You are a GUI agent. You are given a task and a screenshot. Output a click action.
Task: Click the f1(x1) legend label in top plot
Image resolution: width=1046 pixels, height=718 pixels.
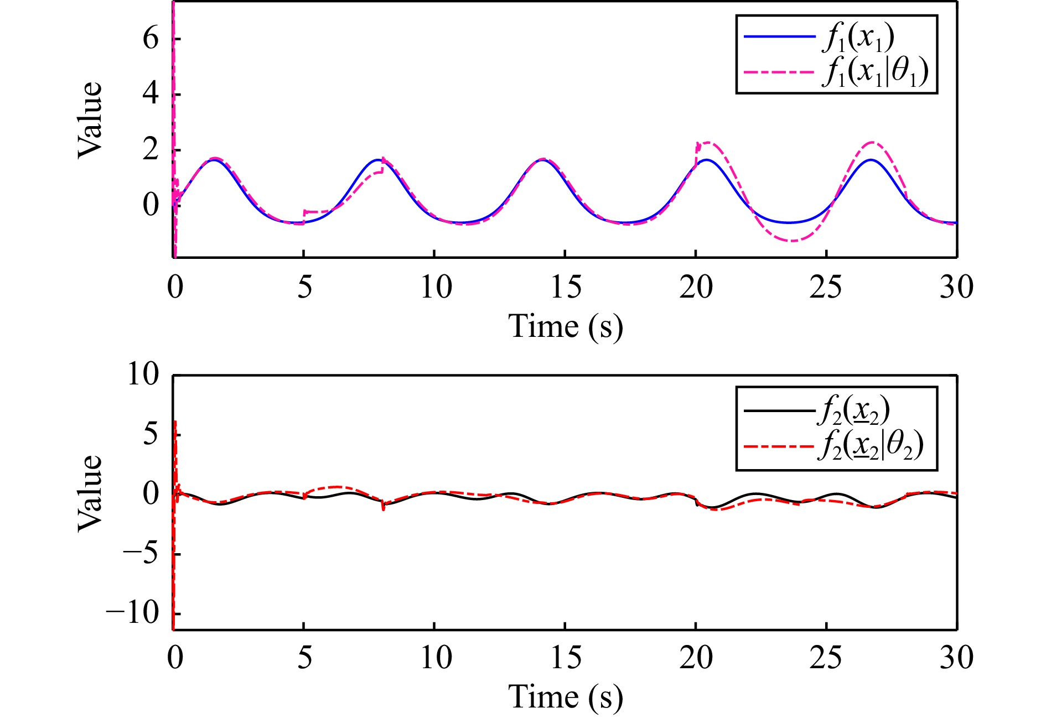click(x=858, y=38)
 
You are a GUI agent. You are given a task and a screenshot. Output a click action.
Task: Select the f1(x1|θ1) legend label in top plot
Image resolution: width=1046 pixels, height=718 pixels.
click(x=874, y=72)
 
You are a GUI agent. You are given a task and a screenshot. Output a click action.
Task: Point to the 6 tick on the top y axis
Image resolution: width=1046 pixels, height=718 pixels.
click(x=151, y=39)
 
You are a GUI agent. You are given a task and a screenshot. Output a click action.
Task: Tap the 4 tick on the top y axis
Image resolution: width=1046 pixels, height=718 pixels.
click(x=151, y=94)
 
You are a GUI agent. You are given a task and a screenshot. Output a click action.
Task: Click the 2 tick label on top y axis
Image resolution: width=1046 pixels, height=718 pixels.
click(x=151, y=150)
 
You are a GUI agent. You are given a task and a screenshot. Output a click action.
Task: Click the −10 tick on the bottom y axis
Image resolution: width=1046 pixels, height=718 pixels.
click(x=133, y=613)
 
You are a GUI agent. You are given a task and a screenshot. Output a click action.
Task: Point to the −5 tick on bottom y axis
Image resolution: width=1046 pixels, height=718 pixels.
click(x=141, y=553)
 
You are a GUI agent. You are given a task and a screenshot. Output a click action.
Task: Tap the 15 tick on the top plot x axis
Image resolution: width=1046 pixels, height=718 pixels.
click(x=565, y=287)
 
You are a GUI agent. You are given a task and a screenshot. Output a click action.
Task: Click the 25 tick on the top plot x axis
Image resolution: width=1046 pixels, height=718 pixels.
click(x=826, y=287)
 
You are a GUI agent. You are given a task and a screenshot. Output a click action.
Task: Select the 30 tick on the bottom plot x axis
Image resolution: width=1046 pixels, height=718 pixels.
click(x=956, y=658)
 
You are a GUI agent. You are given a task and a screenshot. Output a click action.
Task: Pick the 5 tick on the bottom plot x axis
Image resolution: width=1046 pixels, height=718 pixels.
click(x=304, y=658)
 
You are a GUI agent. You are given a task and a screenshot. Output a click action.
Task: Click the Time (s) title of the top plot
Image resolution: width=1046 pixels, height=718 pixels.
click(x=565, y=326)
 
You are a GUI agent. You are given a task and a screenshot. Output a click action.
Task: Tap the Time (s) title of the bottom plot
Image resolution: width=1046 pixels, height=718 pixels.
click(x=565, y=697)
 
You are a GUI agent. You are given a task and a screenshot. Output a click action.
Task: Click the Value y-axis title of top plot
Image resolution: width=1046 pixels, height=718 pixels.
click(x=90, y=120)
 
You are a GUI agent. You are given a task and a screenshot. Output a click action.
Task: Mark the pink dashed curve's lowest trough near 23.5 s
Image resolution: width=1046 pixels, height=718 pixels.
click(x=793, y=241)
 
